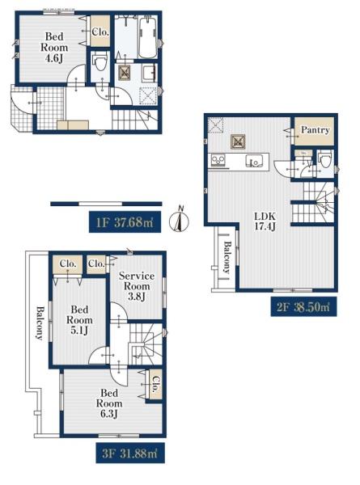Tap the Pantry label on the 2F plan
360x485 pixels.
click(315, 130)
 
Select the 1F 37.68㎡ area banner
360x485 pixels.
click(125, 222)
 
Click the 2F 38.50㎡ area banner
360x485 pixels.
click(303, 307)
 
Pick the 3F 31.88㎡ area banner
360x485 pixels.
click(130, 453)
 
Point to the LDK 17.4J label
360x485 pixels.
click(265, 221)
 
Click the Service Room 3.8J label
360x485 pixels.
click(137, 286)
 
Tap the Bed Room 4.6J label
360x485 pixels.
click(54, 48)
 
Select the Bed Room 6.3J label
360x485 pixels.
click(109, 403)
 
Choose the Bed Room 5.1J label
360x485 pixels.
click(79, 320)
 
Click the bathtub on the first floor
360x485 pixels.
click(148, 37)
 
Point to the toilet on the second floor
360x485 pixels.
click(325, 159)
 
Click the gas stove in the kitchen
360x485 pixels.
click(218, 161)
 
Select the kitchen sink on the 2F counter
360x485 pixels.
click(254, 161)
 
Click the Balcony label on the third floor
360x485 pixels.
click(40, 323)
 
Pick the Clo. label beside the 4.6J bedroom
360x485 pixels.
click(100, 32)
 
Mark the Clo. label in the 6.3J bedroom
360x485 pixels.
click(156, 385)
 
